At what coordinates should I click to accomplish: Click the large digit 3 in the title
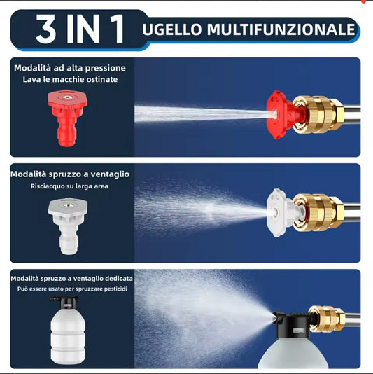tap(45, 29)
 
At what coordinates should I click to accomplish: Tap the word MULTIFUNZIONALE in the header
tap(281, 29)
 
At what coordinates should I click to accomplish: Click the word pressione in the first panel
tap(106, 69)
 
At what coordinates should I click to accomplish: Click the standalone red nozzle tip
tap(68, 118)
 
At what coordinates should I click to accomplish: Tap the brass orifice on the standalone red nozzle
tap(68, 97)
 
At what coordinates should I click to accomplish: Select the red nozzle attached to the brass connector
tap(283, 115)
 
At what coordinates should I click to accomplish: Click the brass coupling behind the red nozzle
tap(318, 114)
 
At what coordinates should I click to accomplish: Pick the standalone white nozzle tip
tap(68, 226)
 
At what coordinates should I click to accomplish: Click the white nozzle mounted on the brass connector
tap(284, 212)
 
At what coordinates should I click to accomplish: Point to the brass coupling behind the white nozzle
tap(318, 212)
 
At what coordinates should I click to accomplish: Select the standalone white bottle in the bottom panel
tap(67, 331)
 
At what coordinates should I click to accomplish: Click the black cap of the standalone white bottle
tap(64, 302)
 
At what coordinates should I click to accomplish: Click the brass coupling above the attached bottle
tap(328, 319)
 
